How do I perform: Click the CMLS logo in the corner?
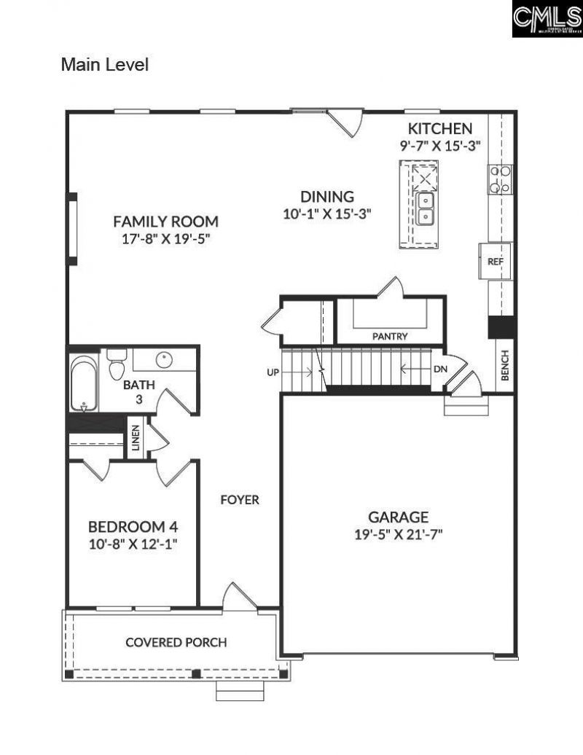pyautogui.click(x=547, y=20)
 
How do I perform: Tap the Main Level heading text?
pyautogui.click(x=105, y=65)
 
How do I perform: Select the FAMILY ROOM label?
pyautogui.click(x=165, y=222)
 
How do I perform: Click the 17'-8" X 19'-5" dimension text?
pyautogui.click(x=166, y=238)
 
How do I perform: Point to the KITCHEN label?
pyautogui.click(x=439, y=128)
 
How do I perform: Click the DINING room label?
pyautogui.click(x=328, y=197)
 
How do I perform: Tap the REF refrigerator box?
pyautogui.click(x=496, y=261)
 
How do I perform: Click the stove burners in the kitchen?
pyautogui.click(x=500, y=179)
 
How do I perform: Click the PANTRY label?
pyautogui.click(x=390, y=337)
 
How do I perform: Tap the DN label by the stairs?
pyautogui.click(x=439, y=369)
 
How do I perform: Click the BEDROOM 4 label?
pyautogui.click(x=133, y=526)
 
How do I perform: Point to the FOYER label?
pyautogui.click(x=240, y=500)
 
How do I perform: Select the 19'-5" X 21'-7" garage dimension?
pyautogui.click(x=398, y=533)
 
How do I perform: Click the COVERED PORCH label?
pyautogui.click(x=176, y=642)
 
